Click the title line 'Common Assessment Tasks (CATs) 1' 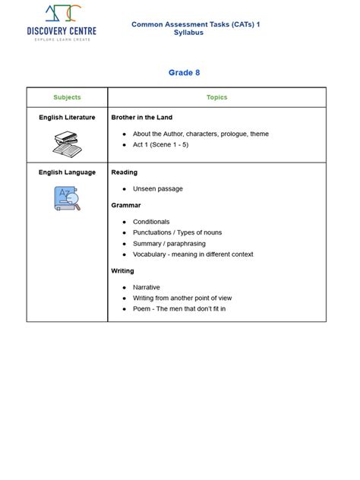point(195,24)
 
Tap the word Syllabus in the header point(188,33)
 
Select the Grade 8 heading point(184,73)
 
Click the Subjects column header point(67,97)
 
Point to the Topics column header point(216,97)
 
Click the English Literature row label point(67,118)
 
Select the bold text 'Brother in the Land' point(142,118)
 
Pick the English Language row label point(67,172)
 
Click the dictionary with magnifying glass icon point(67,199)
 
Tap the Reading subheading point(125,172)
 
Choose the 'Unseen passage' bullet point(158,188)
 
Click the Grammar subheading point(126,205)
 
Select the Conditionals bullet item point(151,222)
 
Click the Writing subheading point(123,271)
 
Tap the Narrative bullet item point(147,288)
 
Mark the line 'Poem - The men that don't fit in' point(179,309)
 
